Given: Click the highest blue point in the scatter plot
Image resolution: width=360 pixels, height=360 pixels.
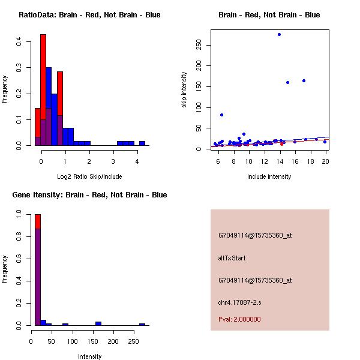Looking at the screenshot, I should coord(279,34).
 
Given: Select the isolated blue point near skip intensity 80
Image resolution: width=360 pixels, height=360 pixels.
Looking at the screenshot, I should coord(221,115).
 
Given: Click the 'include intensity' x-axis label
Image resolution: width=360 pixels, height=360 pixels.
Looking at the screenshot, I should coord(269,176).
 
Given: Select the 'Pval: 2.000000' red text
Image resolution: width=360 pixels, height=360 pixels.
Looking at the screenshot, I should coord(239,319).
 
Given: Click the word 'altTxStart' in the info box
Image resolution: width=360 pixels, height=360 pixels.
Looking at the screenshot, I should coord(232,258).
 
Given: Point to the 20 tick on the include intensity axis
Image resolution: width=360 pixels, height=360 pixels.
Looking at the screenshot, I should coord(326,161).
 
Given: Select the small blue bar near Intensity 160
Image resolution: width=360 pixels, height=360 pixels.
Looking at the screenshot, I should coord(98,323).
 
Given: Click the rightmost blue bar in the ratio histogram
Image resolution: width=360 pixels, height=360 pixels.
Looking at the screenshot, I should coord(142,143).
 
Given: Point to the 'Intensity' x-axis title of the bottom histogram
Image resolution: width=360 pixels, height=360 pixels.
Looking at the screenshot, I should coord(90,356).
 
